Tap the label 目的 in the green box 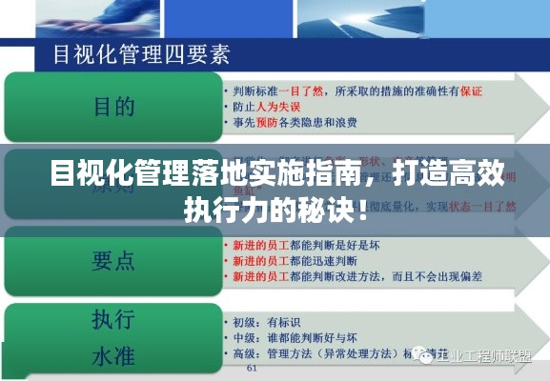(x=113, y=106)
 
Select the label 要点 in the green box (x=113, y=258)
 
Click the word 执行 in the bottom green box (x=113, y=318)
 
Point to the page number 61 (x=252, y=368)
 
